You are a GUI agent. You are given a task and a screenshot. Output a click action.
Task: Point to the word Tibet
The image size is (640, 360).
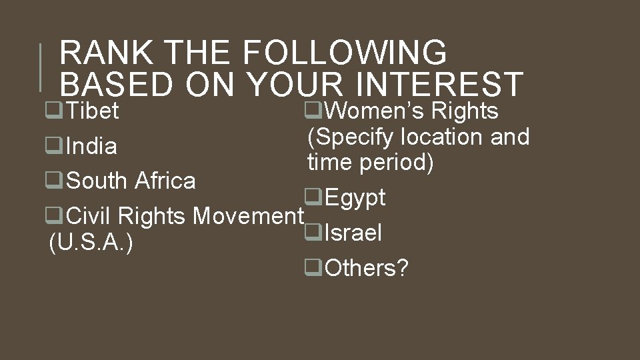[x=93, y=111]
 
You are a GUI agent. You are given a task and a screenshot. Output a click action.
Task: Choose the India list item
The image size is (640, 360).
[x=91, y=146]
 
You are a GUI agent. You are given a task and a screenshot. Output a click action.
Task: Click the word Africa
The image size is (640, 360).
[x=165, y=181]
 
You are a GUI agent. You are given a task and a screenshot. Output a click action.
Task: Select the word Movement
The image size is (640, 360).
[x=247, y=216]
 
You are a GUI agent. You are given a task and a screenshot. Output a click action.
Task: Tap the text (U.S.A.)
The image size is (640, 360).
[x=91, y=244]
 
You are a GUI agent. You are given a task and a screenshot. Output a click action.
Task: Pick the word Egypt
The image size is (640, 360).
[x=355, y=198]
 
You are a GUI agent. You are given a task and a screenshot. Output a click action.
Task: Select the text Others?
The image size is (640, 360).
[x=366, y=268]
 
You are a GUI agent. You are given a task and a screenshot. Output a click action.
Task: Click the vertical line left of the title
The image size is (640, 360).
[x=41, y=67]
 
